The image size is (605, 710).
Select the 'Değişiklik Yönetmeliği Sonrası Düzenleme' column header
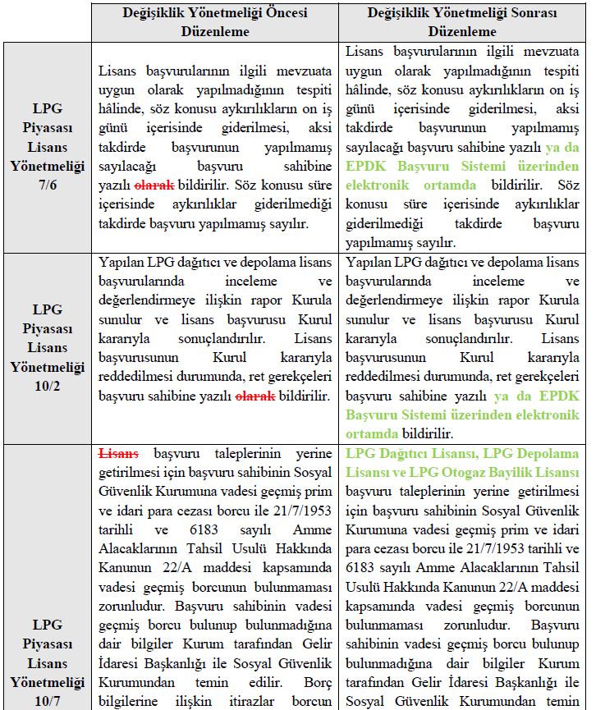[x=462, y=23]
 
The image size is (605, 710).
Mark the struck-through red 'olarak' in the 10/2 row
[x=256, y=396]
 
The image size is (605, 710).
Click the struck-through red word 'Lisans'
[x=118, y=454]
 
